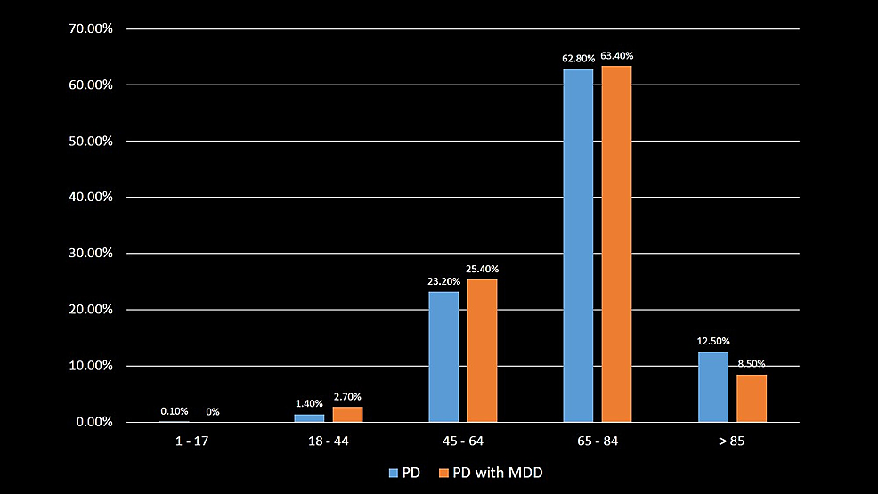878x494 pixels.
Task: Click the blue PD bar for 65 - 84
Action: (x=578, y=245)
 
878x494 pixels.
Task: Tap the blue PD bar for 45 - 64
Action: (x=443, y=356)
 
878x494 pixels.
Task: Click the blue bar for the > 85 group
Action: (x=712, y=386)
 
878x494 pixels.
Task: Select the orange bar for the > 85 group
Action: (x=751, y=398)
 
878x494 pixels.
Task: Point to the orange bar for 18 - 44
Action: (x=347, y=414)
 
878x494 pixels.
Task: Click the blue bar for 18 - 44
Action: (x=309, y=417)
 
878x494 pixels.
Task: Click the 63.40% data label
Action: (x=616, y=56)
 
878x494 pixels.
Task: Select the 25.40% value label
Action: (x=483, y=269)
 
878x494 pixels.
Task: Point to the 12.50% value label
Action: (x=712, y=341)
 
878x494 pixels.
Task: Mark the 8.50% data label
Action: (x=751, y=363)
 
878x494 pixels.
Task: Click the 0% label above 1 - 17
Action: (x=213, y=411)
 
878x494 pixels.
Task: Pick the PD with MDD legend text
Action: (x=498, y=473)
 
